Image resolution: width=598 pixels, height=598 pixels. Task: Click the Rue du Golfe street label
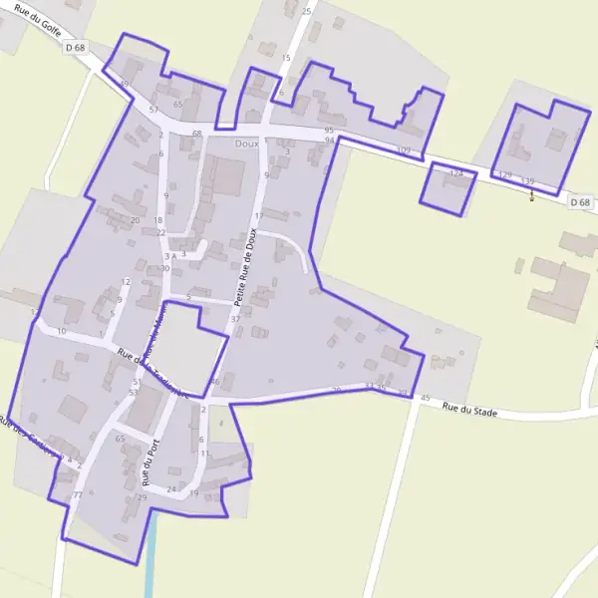[39, 21]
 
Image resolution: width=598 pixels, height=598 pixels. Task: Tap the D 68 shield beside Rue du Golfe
[75, 47]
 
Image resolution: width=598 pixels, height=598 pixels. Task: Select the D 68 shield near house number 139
[580, 202]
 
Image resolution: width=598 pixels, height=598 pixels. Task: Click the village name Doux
[246, 144]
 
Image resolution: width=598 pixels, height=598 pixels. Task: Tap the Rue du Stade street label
[469, 408]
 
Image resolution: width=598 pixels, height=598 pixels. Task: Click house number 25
[306, 11]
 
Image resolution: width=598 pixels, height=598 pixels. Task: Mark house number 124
[456, 173]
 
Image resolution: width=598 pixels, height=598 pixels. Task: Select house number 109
[403, 149]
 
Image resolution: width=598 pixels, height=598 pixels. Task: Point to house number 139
[527, 180]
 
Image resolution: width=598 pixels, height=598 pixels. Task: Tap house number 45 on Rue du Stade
[426, 399]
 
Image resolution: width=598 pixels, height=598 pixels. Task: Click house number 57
[153, 109]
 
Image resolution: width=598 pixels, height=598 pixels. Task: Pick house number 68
[196, 134]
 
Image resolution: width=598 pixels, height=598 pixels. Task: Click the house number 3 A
[169, 256]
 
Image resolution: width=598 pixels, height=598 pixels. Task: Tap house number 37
[235, 319]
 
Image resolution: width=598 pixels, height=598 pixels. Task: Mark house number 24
[171, 489]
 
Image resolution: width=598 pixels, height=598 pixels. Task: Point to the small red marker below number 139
[531, 195]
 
